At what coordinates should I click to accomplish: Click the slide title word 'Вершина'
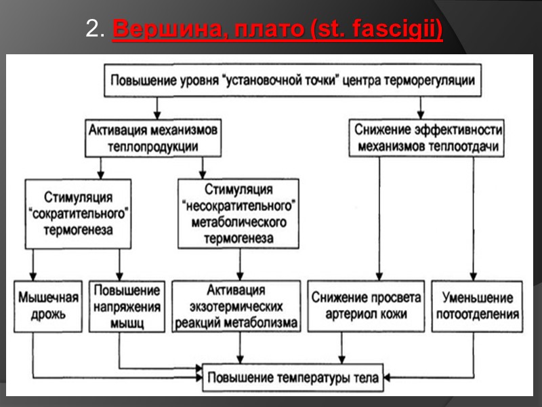coord(150,31)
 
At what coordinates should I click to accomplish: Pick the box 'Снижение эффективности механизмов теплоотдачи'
coord(428,138)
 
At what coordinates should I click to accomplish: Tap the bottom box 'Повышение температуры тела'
coord(295,375)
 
